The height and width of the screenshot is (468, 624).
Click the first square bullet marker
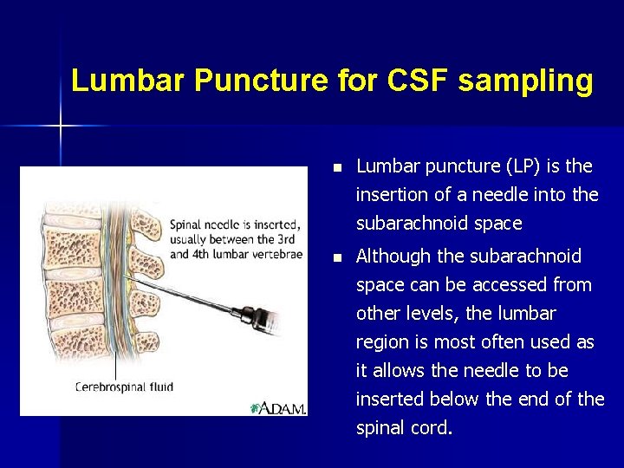(x=338, y=166)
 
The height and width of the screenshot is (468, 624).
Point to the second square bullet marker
(x=338, y=257)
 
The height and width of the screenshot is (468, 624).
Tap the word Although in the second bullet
(x=393, y=256)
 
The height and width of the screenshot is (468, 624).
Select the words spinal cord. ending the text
(x=405, y=428)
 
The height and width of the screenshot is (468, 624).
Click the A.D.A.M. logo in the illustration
(x=278, y=406)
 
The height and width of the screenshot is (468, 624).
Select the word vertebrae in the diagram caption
(x=270, y=254)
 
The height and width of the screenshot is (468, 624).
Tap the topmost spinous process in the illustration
(x=149, y=228)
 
